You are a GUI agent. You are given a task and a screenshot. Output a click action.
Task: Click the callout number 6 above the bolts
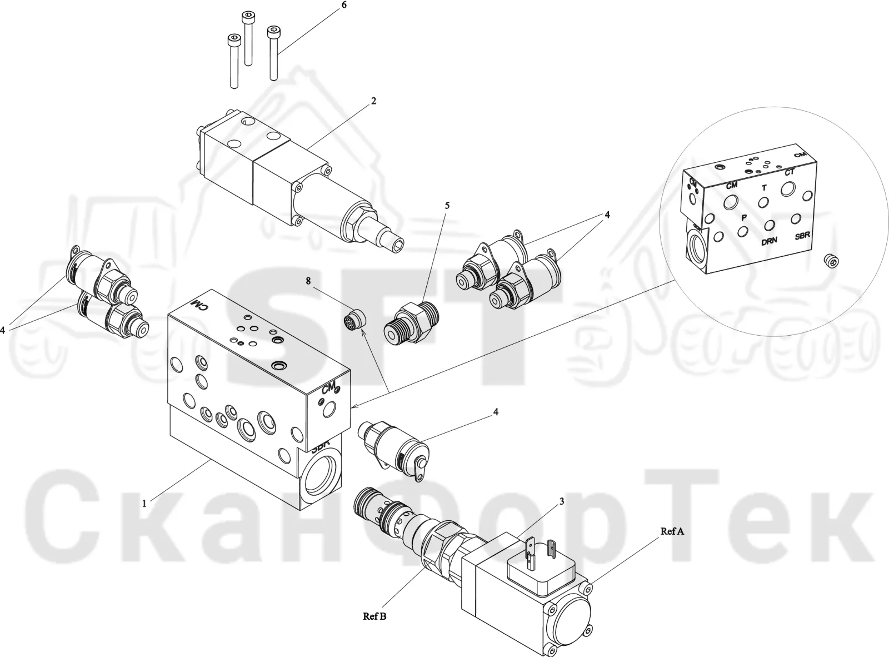[x=344, y=5]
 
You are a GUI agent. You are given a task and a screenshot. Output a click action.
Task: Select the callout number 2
[x=373, y=101]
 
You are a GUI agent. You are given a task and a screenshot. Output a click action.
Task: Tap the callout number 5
[x=447, y=205]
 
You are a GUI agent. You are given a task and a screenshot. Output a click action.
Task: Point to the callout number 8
[x=308, y=281]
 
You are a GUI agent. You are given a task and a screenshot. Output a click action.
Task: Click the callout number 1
[x=144, y=504]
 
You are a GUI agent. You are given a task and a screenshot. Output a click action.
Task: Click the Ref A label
[x=672, y=531]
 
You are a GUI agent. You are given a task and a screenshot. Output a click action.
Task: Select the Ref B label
[x=374, y=616]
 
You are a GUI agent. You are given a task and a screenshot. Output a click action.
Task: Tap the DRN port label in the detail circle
[x=769, y=241]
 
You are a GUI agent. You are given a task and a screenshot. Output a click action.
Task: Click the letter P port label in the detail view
[x=744, y=217]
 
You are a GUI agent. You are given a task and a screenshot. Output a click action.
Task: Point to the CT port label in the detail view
[x=789, y=172]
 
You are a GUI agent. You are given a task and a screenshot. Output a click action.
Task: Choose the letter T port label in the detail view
[x=764, y=188]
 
